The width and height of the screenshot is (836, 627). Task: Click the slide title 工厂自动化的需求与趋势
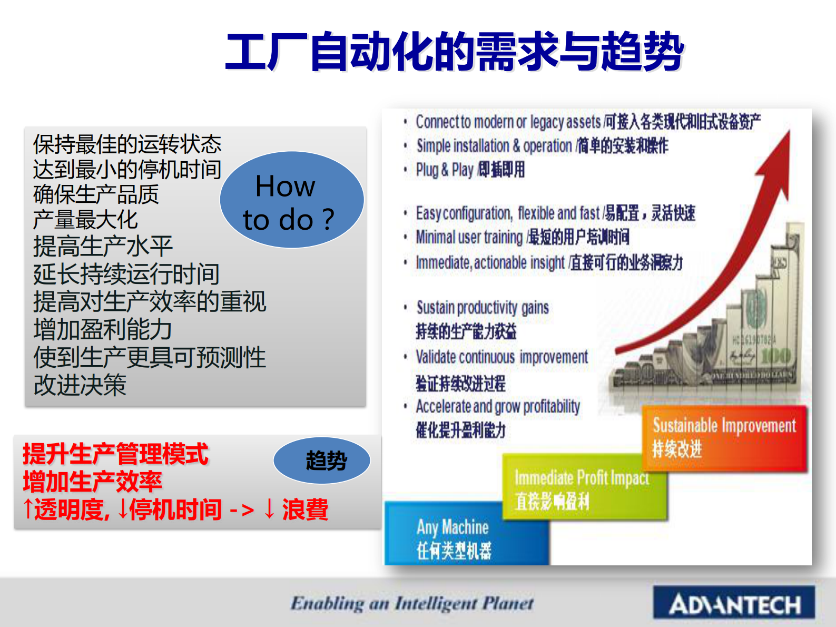454,52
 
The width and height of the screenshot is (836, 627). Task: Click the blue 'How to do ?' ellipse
291,200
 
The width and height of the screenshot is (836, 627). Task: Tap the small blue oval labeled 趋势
322,461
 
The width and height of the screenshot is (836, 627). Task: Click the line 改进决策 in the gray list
80,385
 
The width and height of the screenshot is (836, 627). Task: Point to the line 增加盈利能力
103,330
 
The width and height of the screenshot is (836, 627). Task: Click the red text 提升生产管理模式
115,454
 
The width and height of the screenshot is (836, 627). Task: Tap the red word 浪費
305,510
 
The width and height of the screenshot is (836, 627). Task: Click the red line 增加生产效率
92,482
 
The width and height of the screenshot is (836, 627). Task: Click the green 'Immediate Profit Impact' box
582,487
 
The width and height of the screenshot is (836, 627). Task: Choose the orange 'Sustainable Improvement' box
724,437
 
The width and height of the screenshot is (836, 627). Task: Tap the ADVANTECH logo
734,604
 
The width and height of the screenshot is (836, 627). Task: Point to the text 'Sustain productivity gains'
482,307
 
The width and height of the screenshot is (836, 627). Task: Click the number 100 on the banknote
775,356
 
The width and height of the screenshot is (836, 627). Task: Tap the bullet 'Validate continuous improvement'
501,357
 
